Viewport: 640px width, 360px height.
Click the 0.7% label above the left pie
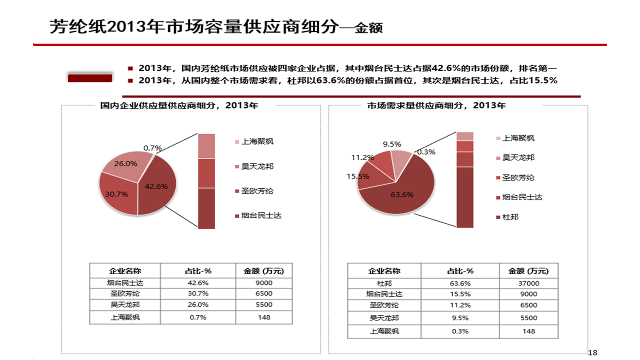click(152, 148)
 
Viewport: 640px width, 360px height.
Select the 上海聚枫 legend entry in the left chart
click(257, 141)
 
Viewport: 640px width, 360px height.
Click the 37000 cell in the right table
click(528, 283)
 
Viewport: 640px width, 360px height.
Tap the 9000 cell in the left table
click(263, 282)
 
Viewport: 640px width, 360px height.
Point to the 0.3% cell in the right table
click(459, 331)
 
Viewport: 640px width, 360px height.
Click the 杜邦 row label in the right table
click(384, 283)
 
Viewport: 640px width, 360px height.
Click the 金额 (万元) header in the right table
click(528, 271)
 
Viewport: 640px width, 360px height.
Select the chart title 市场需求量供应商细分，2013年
click(436, 105)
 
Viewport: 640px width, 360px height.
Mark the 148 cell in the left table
click(263, 317)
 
